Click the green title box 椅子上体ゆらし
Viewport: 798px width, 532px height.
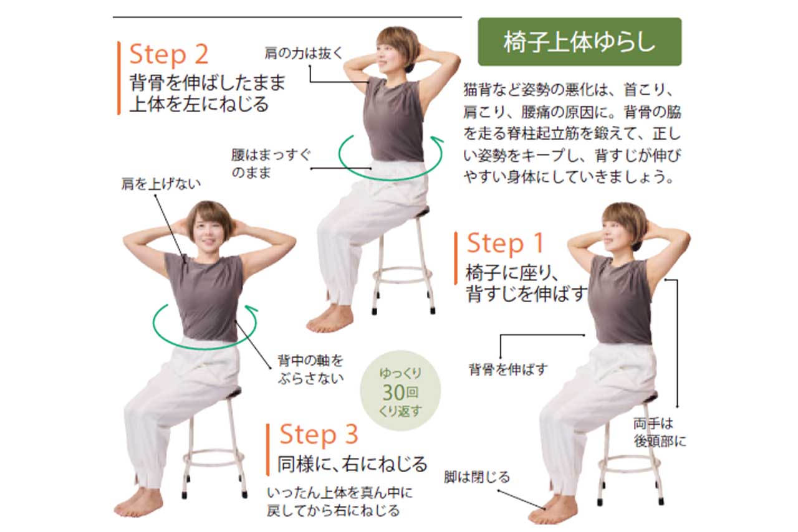point(580,42)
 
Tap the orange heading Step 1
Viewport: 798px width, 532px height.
point(505,244)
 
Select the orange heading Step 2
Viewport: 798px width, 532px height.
point(169,55)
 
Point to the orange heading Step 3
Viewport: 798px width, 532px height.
point(319,434)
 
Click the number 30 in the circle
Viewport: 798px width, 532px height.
point(393,392)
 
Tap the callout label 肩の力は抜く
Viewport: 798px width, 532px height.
point(304,54)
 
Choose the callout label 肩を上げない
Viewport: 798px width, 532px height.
point(161,184)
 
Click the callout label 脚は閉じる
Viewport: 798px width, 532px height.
point(477,477)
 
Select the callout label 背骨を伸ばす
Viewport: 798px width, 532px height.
point(508,369)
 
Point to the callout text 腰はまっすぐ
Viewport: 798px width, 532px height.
point(271,155)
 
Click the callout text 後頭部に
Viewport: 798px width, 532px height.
point(660,442)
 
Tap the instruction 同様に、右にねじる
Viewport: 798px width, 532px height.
point(352,464)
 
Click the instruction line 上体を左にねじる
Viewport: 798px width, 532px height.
point(199,104)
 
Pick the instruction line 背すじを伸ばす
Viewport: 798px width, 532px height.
point(527,294)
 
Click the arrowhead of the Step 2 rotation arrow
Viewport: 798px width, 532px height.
point(438,140)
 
